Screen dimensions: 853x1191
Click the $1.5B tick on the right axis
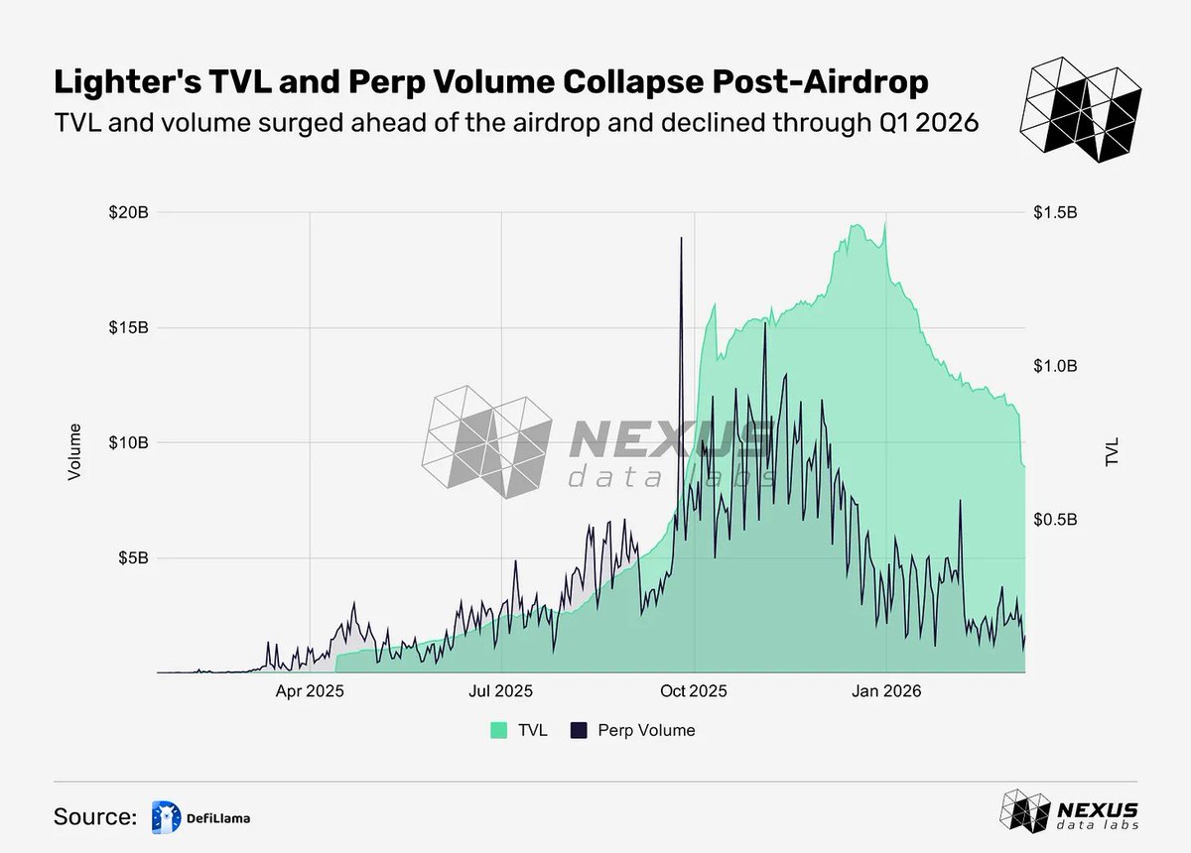pyautogui.click(x=1056, y=212)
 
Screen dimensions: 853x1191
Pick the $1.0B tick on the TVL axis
pyautogui.click(x=1056, y=366)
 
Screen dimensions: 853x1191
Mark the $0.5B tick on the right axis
pyautogui.click(x=1056, y=520)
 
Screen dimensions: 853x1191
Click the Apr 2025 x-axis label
pyautogui.click(x=310, y=690)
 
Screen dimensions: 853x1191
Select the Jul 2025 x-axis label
pyautogui.click(x=501, y=690)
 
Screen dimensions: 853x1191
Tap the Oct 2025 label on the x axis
pyautogui.click(x=695, y=690)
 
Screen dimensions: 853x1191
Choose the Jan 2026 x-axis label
pyautogui.click(x=885, y=690)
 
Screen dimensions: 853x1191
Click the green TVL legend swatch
pyautogui.click(x=499, y=730)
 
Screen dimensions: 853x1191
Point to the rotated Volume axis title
pyautogui.click(x=73, y=452)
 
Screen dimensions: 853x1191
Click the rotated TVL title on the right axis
pyautogui.click(x=1113, y=451)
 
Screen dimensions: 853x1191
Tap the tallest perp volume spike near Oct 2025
pyautogui.click(x=681, y=239)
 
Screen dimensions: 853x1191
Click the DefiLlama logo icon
pyautogui.click(x=166, y=816)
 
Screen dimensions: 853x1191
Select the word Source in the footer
pyautogui.click(x=94, y=816)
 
